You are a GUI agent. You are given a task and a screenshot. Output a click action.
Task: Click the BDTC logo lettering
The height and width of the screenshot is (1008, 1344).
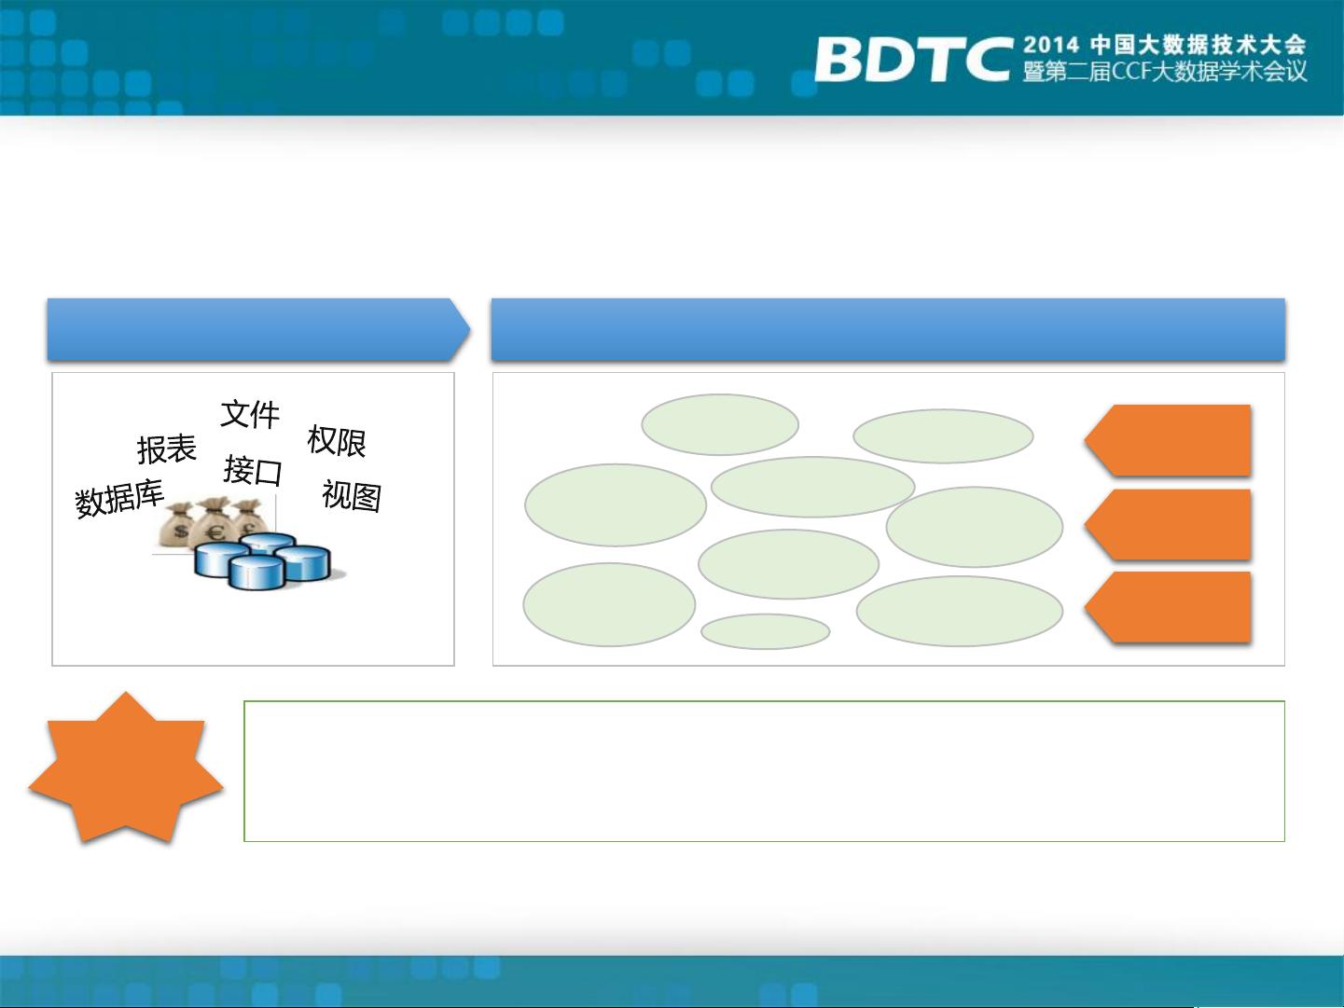point(912,59)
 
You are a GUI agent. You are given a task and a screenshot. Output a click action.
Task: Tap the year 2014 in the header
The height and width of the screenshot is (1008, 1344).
point(1051,45)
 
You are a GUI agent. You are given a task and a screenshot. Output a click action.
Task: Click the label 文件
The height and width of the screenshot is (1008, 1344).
point(250,414)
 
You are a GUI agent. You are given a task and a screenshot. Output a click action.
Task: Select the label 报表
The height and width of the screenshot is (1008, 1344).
point(167,449)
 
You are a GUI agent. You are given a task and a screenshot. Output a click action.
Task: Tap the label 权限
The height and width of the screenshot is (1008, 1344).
point(337,441)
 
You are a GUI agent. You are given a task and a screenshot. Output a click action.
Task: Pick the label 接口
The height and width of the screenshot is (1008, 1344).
point(253,470)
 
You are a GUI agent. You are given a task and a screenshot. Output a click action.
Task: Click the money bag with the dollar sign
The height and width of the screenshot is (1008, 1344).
point(178,525)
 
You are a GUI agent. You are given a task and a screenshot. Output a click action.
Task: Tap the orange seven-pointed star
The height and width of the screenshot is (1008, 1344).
point(126,768)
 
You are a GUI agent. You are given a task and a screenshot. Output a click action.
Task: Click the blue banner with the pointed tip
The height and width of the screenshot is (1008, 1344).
point(258,329)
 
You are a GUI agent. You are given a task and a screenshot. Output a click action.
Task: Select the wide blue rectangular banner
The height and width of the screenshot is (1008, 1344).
point(888,329)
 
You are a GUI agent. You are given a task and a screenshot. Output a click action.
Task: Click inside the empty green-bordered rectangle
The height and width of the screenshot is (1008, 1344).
point(764,771)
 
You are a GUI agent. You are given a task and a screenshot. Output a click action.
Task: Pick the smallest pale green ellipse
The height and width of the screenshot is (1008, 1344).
point(766,631)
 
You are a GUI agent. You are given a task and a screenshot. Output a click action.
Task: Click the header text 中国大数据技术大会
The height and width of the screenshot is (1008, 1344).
point(1199,45)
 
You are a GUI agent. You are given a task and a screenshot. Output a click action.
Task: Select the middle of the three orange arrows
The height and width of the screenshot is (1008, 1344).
point(1168,524)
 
